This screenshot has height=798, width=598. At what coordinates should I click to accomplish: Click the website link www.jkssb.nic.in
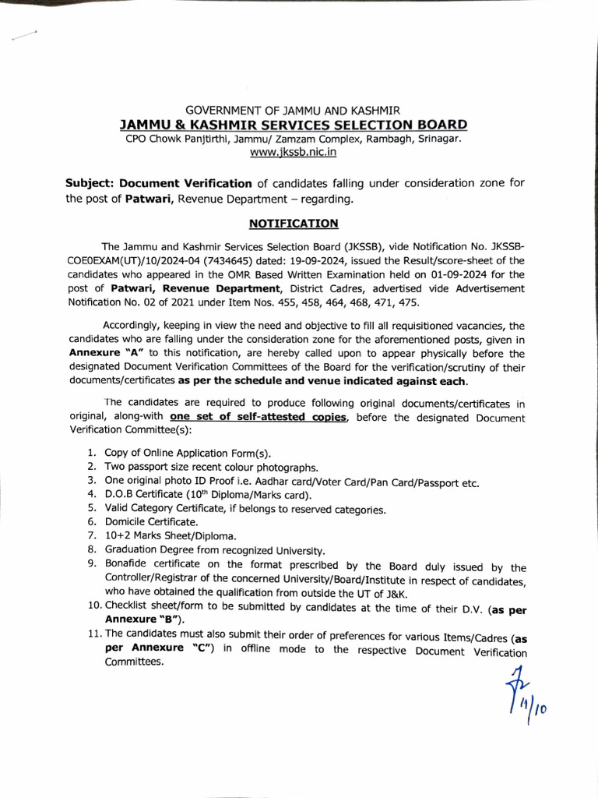[x=293, y=153]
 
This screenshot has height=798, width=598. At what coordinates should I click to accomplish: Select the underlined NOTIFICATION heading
[x=293, y=224]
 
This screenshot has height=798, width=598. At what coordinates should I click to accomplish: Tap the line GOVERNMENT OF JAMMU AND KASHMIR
[x=293, y=111]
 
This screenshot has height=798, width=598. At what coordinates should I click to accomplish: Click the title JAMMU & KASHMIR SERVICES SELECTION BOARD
[x=293, y=125]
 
